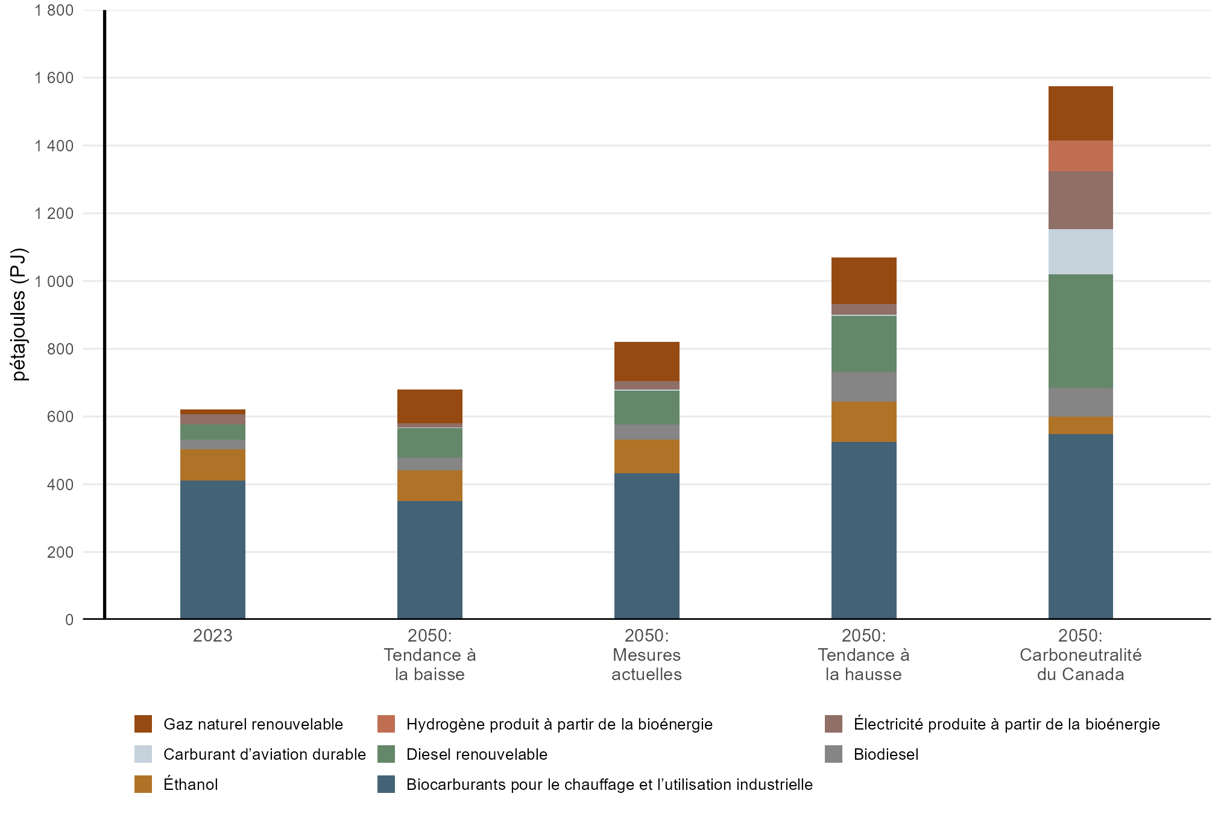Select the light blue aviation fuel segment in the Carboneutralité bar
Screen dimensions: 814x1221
[1080, 251]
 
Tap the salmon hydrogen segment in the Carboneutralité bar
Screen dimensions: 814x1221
[1080, 156]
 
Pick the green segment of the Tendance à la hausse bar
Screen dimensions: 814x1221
[863, 344]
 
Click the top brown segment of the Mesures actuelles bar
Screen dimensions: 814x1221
[646, 361]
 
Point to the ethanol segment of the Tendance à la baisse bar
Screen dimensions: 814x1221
[429, 485]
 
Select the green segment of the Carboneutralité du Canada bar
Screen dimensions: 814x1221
[1080, 331]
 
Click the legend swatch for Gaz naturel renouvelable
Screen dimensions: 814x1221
[143, 724]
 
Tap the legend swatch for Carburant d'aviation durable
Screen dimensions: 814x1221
[143, 754]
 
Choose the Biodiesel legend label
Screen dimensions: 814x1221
[886, 754]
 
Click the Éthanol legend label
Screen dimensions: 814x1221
[191, 784]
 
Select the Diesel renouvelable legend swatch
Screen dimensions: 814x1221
[386, 754]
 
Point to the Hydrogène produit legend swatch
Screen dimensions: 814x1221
[386, 724]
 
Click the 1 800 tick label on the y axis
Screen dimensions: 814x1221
[54, 10]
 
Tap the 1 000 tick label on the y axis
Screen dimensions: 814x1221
[54, 281]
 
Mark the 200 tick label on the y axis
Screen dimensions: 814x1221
[60, 552]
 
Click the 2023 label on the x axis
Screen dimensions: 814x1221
[212, 636]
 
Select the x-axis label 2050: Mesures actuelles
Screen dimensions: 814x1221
[646, 655]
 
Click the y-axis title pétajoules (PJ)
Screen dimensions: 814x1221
[19, 314]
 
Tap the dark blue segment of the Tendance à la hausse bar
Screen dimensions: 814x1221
[863, 531]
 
